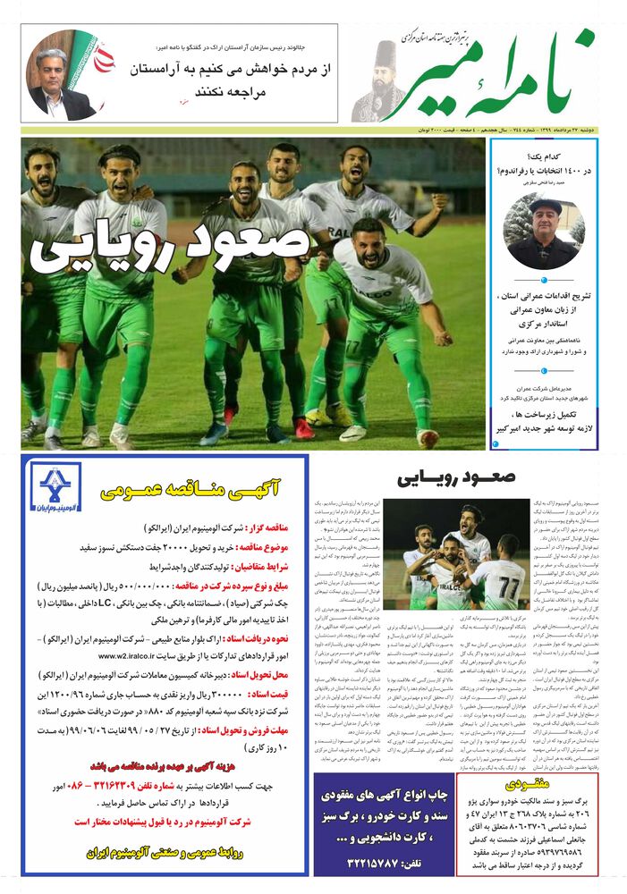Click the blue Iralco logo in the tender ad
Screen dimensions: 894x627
[x=55, y=488]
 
